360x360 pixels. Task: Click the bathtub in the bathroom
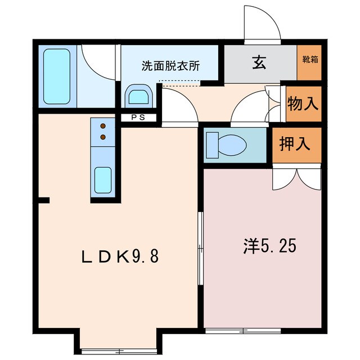coord(56,76)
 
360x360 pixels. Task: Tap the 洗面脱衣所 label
coord(170,66)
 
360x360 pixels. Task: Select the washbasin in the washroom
coord(138,96)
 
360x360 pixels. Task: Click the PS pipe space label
coord(138,118)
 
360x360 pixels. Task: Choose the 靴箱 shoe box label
coord(310,60)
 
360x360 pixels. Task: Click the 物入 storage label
coord(303,103)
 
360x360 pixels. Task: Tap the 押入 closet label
coord(295,144)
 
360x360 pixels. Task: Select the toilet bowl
coord(232,145)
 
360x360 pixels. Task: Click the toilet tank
coord(212,145)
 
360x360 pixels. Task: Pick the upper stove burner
coord(103,126)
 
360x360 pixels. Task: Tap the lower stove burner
coord(103,137)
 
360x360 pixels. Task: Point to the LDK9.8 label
coord(120,256)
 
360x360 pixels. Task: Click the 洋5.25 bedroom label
coord(270,246)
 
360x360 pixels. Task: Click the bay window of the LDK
coord(119,351)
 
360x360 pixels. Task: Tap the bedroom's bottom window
coord(243,331)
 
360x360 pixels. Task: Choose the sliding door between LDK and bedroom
coord(201,249)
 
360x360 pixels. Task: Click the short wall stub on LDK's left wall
coord(44,200)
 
